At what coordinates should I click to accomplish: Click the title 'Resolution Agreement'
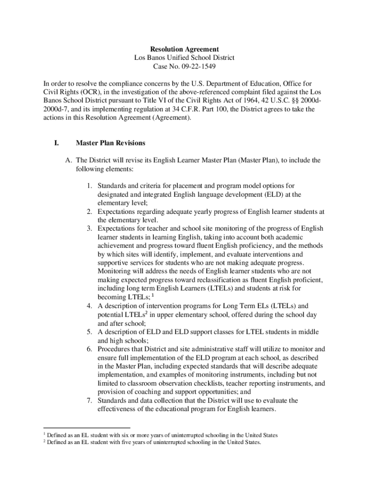(184, 49)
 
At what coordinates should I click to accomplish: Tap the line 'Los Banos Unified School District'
(184, 58)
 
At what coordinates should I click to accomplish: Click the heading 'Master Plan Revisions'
(110, 143)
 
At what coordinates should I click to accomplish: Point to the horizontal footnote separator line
(87, 427)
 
